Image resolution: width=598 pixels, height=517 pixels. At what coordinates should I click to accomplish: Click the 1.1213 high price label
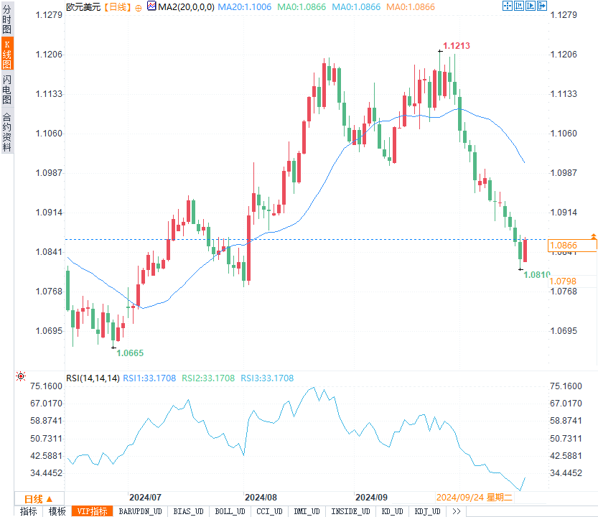457,46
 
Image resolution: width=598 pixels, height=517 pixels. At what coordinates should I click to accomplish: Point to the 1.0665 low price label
130,353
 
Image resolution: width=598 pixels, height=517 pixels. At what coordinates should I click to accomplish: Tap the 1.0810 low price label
536,274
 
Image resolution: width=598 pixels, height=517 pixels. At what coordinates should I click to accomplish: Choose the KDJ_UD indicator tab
427,511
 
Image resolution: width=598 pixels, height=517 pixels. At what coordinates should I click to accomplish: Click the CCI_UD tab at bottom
270,511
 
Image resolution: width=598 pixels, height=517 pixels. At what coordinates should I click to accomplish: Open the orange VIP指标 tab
93,511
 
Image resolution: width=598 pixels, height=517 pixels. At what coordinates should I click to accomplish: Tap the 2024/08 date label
261,497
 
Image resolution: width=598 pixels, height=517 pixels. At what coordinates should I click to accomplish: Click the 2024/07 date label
144,497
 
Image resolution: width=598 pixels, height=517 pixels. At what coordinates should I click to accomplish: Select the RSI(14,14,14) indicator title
93,378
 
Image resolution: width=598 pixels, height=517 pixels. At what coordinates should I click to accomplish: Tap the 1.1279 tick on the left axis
50,15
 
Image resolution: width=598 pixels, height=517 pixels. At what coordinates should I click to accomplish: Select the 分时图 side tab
7,19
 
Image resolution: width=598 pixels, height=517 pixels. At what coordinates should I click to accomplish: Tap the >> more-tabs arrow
456,511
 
